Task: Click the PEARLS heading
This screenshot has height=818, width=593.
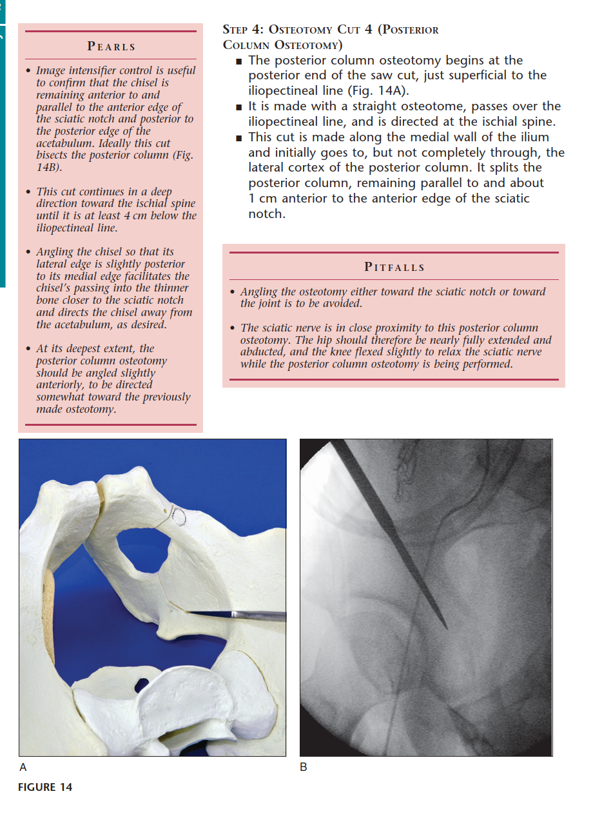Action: pos(112,46)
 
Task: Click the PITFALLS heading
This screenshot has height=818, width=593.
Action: pos(394,267)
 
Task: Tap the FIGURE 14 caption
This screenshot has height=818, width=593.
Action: pos(45,787)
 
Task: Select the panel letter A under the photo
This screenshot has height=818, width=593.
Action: pos(24,767)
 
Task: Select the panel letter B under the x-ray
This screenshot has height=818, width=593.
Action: pos(304,767)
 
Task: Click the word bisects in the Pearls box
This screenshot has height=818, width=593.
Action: pos(55,155)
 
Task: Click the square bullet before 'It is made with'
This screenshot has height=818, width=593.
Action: pos(239,106)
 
